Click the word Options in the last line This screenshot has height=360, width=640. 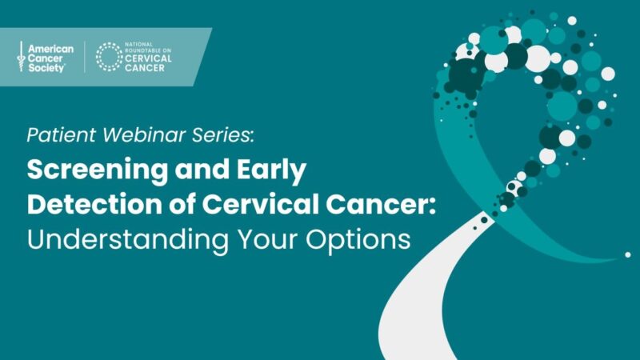[359, 238]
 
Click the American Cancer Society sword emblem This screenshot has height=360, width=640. [21, 57]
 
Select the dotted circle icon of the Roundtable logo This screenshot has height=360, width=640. [110, 58]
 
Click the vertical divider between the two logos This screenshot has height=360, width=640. [85, 57]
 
